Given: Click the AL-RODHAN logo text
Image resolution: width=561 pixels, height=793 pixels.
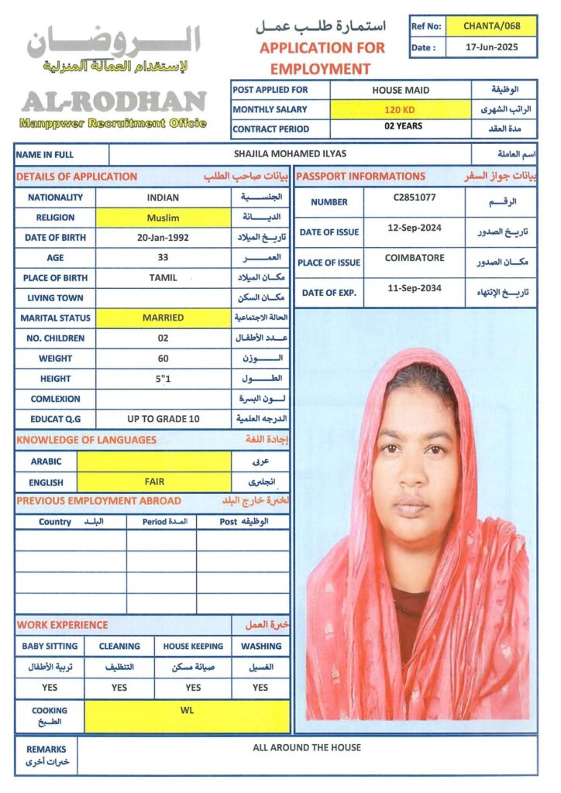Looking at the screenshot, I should point(113,101).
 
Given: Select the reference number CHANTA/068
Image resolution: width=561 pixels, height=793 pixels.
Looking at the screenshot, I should point(491,26).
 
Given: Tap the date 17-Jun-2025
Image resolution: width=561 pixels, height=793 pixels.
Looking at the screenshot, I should point(491,46).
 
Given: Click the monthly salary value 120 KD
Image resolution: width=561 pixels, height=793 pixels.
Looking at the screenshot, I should point(400,110).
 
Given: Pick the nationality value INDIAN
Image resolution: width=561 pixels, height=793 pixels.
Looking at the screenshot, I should point(162,197).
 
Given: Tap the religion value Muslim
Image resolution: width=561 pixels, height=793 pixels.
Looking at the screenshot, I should point(162,218).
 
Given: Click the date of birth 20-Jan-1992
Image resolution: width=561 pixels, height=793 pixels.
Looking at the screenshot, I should point(163,238).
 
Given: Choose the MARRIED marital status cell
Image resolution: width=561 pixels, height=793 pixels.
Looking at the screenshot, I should point(163,318).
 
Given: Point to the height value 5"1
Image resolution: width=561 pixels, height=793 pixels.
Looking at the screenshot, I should point(163,379).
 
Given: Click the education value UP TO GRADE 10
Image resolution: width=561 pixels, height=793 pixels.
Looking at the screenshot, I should point(163,419).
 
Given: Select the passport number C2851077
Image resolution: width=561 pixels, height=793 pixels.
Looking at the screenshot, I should point(414,198).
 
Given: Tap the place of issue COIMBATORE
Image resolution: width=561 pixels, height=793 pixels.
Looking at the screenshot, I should point(414,259).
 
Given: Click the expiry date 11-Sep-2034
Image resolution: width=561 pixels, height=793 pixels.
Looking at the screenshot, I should point(414,288).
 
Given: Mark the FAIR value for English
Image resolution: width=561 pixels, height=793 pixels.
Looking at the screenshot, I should point(154,481).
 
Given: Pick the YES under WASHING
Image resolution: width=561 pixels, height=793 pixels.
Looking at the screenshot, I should point(260,687).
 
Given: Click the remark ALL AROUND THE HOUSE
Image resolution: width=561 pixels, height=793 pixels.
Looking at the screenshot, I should point(307,747).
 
